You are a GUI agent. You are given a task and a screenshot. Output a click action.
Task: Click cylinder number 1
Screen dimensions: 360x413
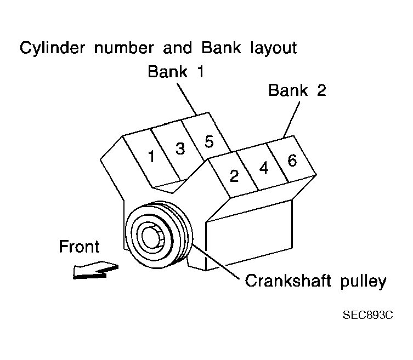(x=151, y=156)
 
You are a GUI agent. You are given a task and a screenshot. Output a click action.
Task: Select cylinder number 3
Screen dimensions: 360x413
(x=180, y=148)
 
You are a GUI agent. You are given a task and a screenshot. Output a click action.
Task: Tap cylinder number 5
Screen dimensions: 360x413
(x=208, y=141)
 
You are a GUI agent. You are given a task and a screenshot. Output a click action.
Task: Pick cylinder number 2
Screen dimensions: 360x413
(x=234, y=176)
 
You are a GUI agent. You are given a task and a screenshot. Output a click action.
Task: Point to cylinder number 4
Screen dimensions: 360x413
(x=263, y=168)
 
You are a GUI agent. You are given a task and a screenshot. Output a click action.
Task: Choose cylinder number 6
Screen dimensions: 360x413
(x=292, y=160)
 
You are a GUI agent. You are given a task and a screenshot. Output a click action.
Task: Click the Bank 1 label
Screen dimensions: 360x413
(x=176, y=72)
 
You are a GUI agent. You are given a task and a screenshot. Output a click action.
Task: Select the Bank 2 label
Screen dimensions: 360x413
(x=297, y=90)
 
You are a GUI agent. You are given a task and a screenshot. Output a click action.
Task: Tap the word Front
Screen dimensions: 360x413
(x=80, y=247)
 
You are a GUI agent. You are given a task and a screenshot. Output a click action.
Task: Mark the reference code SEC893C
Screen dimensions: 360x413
(x=369, y=316)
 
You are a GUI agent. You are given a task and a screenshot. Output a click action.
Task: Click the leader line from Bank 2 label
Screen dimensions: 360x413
(x=291, y=118)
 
